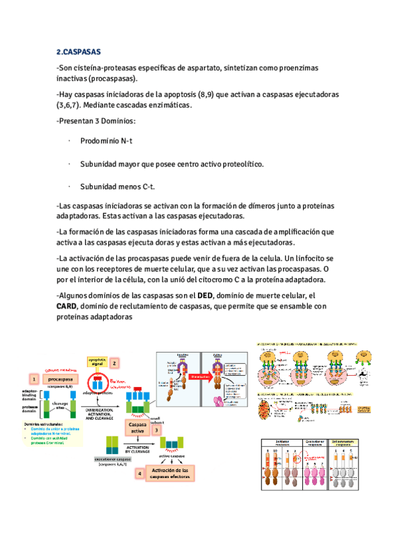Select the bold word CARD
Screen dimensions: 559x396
click(68, 306)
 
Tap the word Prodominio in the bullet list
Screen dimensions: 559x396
click(102, 141)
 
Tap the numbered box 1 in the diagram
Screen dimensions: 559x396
click(32, 379)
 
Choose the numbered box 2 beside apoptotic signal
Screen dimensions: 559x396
click(114, 362)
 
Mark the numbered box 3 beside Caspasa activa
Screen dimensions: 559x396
click(156, 430)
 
